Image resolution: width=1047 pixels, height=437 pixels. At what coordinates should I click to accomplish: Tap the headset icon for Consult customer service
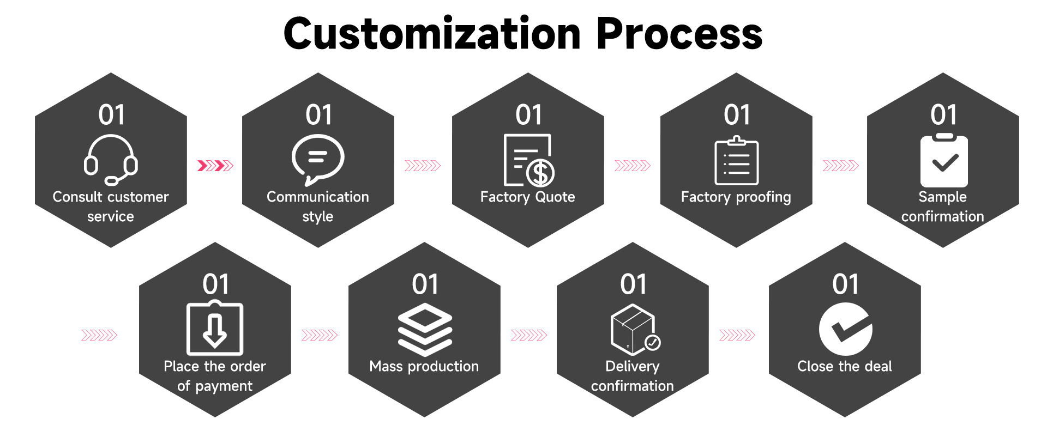(x=111, y=160)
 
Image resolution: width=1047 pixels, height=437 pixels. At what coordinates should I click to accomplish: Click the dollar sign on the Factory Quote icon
(x=541, y=173)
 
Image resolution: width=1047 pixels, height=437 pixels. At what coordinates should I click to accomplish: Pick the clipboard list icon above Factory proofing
(x=736, y=161)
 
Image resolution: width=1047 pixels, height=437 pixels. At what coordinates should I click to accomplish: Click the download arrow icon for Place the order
(x=215, y=329)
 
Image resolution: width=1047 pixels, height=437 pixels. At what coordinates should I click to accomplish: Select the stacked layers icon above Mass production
(x=425, y=330)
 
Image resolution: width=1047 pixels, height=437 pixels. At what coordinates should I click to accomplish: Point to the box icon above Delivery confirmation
(x=633, y=329)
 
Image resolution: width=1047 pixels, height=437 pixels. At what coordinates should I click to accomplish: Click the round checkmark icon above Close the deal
(x=845, y=329)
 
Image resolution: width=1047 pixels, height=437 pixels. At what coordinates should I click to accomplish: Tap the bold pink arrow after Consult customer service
(x=215, y=166)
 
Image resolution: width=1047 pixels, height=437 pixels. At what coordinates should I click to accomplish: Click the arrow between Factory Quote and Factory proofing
(x=632, y=166)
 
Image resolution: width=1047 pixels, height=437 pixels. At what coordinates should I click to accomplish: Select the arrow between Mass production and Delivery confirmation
(x=528, y=335)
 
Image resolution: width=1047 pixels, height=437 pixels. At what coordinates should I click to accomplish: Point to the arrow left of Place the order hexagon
(x=99, y=335)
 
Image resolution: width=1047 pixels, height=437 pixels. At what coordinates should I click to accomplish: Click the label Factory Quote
(x=527, y=197)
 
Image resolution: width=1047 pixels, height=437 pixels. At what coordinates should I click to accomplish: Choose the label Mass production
(x=424, y=366)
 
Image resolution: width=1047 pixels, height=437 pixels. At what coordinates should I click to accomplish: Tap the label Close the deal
(x=844, y=366)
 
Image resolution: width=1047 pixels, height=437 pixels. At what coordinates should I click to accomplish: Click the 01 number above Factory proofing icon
(x=737, y=115)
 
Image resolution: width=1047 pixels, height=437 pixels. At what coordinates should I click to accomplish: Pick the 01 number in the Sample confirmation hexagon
(x=943, y=115)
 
